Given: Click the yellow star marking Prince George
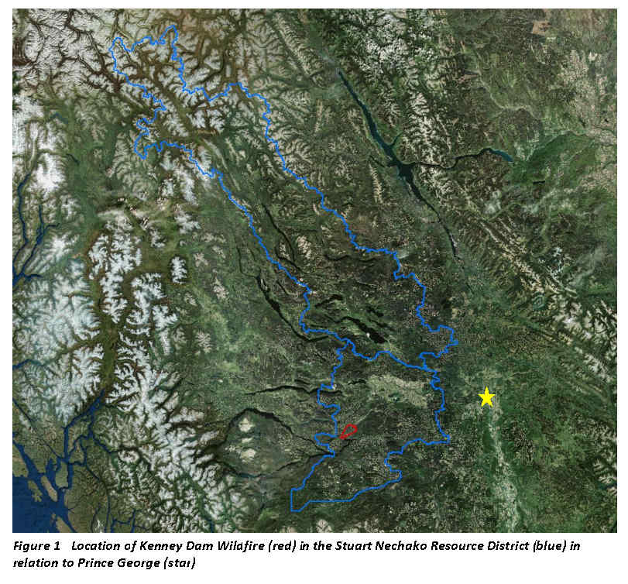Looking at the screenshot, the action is click(486, 397).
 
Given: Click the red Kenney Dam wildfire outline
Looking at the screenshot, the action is click(348, 431).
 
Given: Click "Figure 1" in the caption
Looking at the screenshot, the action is click(36, 546).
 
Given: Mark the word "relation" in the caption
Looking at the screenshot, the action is click(36, 562).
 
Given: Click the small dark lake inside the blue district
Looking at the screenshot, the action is click(378, 335).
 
